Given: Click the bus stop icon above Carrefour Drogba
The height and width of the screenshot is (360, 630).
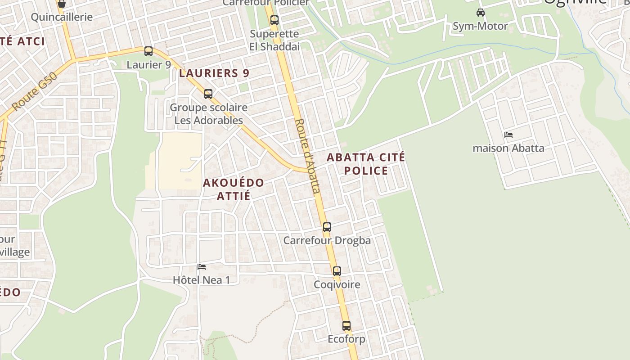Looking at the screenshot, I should [x=327, y=227].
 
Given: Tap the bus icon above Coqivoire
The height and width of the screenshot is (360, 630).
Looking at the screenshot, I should [x=337, y=271].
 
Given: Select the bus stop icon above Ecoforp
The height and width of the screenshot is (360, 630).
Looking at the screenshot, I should [x=346, y=326].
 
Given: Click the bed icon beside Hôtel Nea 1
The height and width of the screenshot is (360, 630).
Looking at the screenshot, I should [x=202, y=267].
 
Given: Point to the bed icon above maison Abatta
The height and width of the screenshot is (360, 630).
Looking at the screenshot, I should [x=508, y=135].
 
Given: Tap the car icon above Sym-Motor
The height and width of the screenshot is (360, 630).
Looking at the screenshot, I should [x=481, y=13].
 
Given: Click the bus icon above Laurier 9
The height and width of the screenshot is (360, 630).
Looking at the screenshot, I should [x=148, y=51].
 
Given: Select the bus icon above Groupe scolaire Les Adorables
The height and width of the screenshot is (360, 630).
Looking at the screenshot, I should [x=208, y=94].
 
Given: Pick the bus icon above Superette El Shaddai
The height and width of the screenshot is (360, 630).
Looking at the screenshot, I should [x=274, y=20].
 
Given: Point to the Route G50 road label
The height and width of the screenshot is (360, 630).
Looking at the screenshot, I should [x=35, y=92].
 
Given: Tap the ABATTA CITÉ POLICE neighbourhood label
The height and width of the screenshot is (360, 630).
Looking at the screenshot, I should [x=366, y=164].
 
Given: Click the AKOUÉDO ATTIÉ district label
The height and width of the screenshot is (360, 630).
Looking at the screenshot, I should [x=233, y=189].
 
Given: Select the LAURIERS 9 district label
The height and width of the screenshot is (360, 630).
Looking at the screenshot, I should [x=214, y=73].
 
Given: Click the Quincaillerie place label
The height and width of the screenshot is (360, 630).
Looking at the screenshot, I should [x=62, y=17].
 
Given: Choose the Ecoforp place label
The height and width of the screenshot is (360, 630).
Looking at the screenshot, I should [x=346, y=339].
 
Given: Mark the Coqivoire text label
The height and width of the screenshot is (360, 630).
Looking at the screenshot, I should [x=337, y=284].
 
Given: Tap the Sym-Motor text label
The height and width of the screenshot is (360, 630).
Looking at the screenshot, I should [x=480, y=26].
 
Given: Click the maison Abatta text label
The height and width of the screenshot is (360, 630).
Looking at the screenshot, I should [x=508, y=148].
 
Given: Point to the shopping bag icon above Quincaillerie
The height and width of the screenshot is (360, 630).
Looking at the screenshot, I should [x=62, y=4].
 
